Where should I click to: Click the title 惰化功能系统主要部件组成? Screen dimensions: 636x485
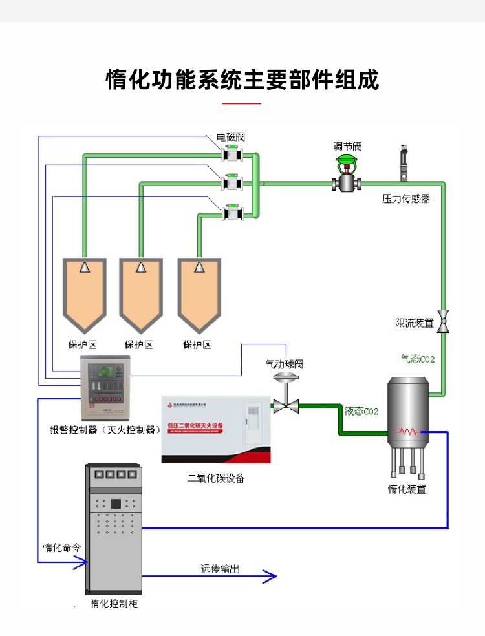(242, 79)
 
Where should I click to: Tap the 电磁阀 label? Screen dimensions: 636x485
(231, 137)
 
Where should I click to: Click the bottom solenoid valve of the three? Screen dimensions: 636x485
(231, 212)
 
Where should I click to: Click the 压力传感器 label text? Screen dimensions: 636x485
(406, 199)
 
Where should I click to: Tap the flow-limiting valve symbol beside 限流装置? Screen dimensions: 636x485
(444, 321)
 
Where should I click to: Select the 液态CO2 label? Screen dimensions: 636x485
(361, 411)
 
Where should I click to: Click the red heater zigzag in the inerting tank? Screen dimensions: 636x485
(407, 430)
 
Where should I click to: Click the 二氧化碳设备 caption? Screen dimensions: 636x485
(216, 479)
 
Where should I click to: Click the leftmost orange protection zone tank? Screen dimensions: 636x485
(84, 294)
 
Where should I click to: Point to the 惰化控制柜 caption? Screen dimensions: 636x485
(114, 604)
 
